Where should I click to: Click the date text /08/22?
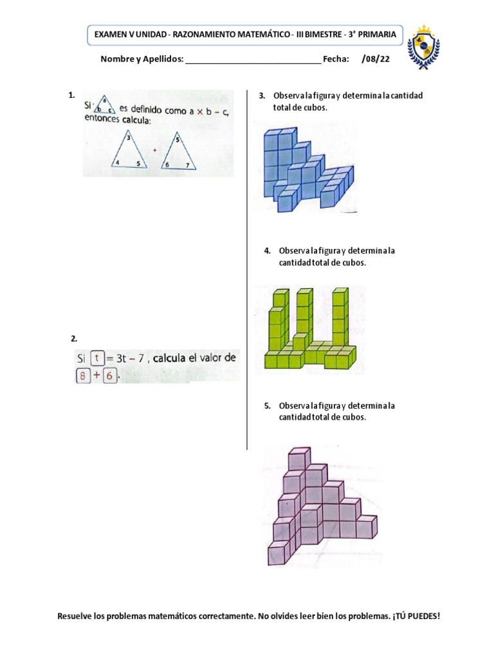point(376,59)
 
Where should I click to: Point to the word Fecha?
point(336,59)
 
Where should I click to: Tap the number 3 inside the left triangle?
point(129,138)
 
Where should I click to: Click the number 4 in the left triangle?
point(117,163)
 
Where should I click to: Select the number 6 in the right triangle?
point(167,165)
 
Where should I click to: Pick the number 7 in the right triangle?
point(187,165)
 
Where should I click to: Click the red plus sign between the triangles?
point(154,151)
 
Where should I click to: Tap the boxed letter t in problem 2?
point(96,358)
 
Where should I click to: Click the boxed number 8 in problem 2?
point(82,376)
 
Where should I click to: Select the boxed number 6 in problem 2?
point(109,376)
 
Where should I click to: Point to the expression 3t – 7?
point(132,358)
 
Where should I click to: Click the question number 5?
point(267,405)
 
